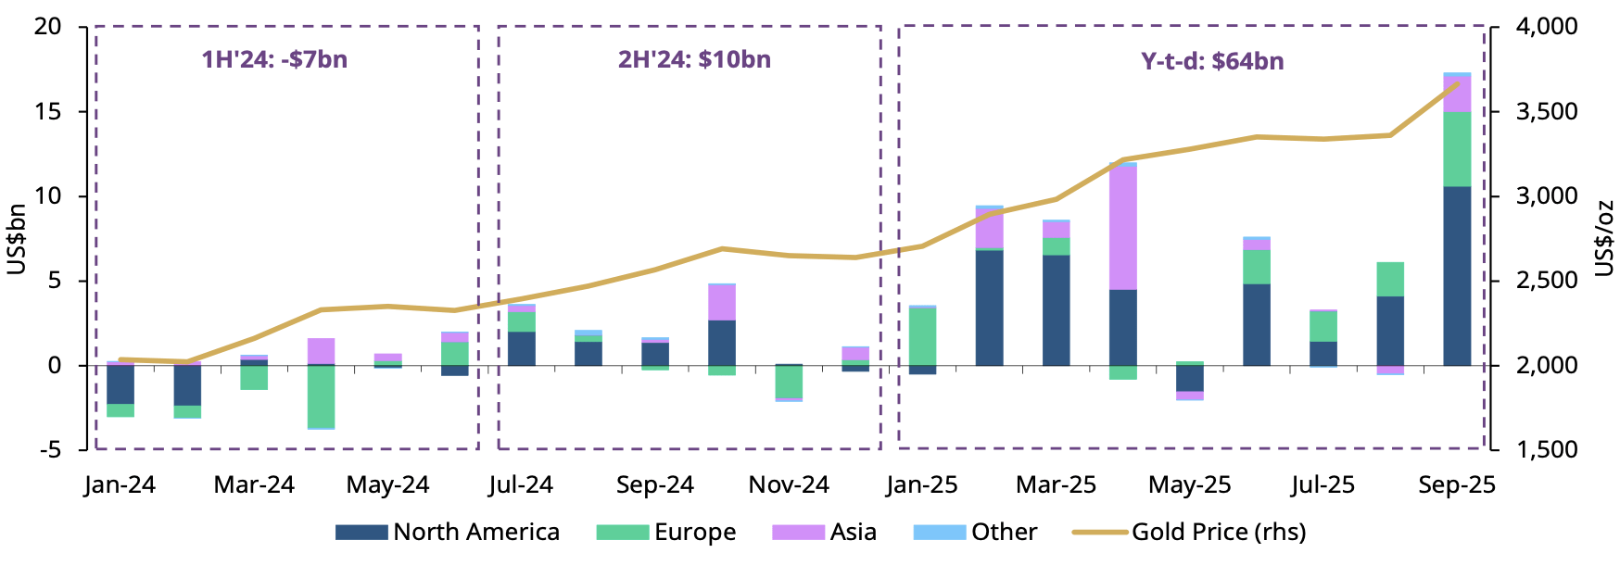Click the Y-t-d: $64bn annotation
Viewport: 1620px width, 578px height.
click(1212, 62)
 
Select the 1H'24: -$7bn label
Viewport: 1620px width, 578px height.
click(274, 60)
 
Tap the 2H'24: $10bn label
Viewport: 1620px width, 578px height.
click(694, 60)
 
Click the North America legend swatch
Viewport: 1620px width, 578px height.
click(361, 533)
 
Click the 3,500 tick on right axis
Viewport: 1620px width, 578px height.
click(1546, 112)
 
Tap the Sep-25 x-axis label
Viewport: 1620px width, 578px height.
click(1456, 485)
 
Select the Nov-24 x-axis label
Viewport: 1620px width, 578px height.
click(789, 485)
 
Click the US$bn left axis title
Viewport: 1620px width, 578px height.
click(17, 239)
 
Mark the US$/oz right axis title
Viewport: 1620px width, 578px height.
click(1604, 239)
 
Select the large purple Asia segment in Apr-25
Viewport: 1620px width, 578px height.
click(1122, 228)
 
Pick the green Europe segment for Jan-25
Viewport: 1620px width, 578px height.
click(922, 336)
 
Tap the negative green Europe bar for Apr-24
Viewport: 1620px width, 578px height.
click(321, 396)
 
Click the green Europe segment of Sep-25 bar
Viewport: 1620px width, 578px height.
click(1457, 149)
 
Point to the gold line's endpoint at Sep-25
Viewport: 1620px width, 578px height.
click(1458, 83)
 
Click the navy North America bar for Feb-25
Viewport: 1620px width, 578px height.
click(989, 308)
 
